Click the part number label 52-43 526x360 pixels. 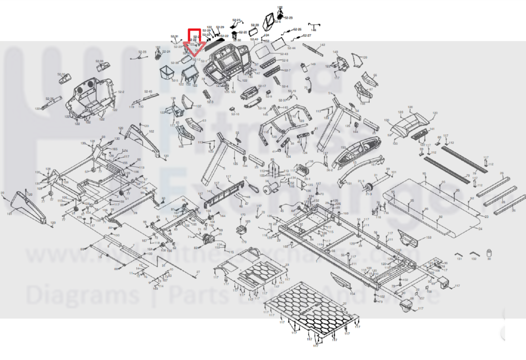[x=284, y=54]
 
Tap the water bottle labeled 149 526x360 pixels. [x=304, y=68]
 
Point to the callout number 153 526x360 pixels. [x=429, y=237]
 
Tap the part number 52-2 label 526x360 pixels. [x=121, y=92]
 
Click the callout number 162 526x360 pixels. [x=151, y=131]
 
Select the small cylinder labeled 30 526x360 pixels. [x=489, y=253]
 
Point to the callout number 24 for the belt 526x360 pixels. [x=480, y=229]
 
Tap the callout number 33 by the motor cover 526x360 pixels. [x=287, y=265]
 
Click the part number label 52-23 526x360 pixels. [x=288, y=18]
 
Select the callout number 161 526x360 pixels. [x=9, y=214]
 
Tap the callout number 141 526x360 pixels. [x=432, y=129]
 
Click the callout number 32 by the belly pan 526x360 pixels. [x=344, y=303]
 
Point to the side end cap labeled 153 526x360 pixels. [x=409, y=238]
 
